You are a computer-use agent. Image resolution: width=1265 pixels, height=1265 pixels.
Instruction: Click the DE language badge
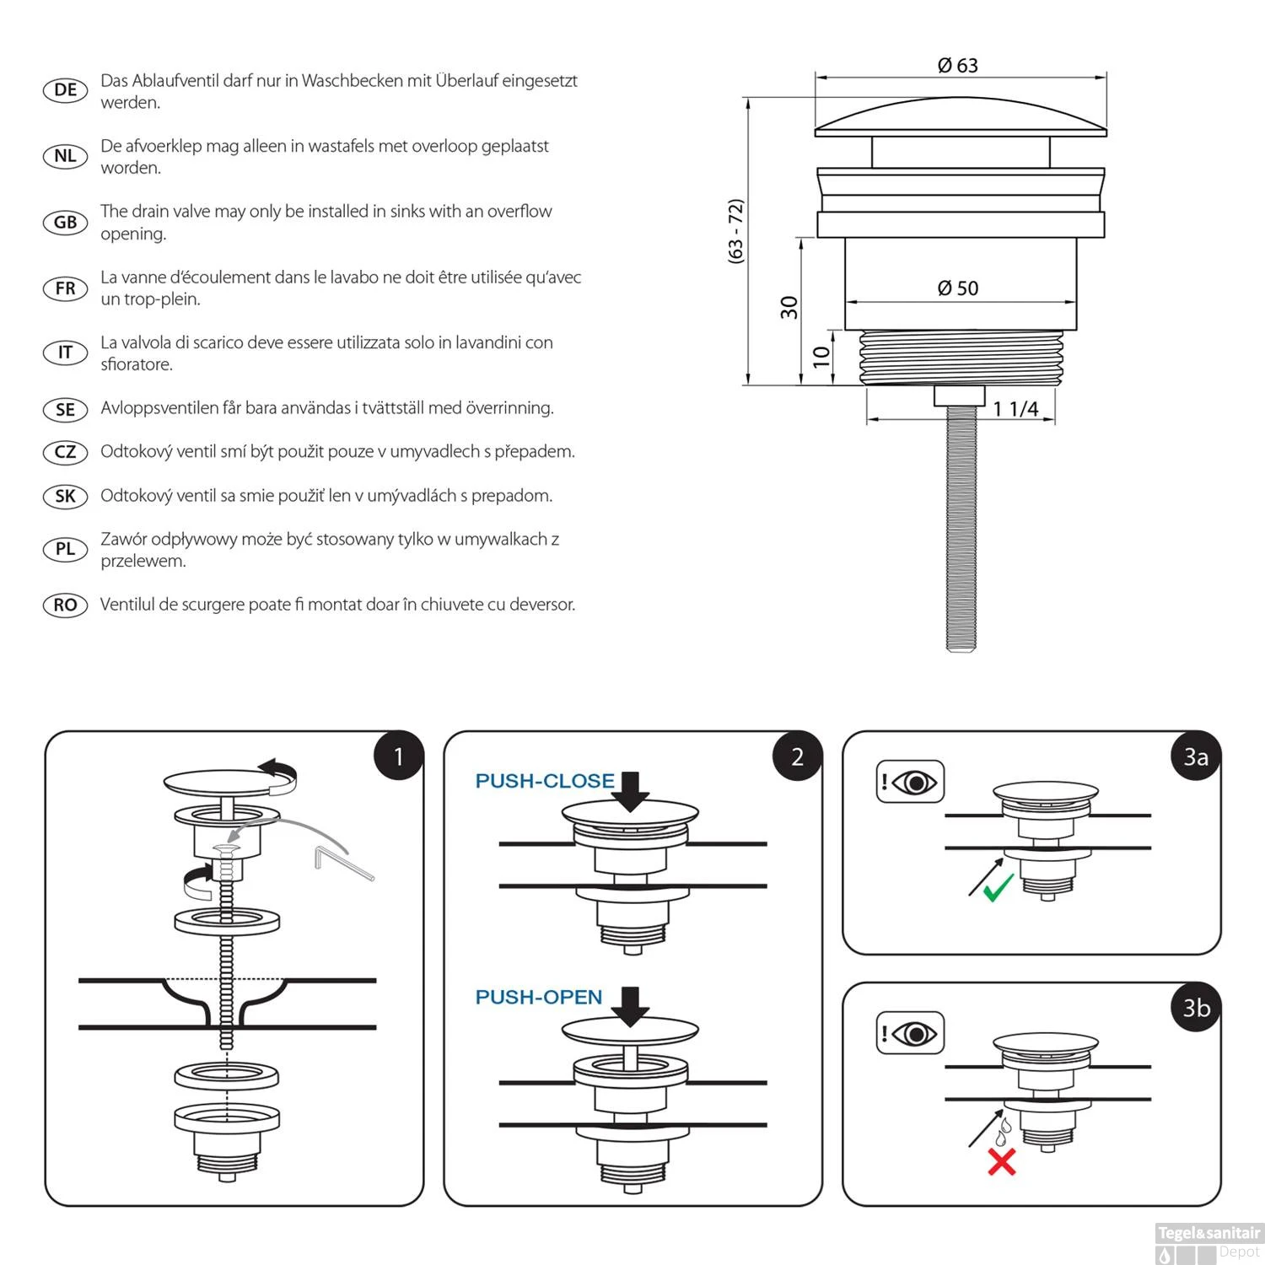point(65,90)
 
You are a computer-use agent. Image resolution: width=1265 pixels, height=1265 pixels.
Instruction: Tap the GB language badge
point(65,223)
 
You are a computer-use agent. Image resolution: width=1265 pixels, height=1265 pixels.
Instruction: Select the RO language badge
point(65,606)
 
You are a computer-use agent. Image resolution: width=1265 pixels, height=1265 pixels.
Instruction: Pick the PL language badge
point(65,549)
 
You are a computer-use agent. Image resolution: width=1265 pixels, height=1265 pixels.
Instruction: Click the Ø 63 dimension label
point(958,66)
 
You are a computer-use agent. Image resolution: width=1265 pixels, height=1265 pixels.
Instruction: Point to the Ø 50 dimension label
point(958,288)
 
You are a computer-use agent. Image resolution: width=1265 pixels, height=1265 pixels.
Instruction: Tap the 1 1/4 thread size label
point(1015,409)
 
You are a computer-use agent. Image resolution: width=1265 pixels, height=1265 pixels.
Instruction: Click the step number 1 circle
point(398,756)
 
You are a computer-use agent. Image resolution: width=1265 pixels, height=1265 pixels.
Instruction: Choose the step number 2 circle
point(797,756)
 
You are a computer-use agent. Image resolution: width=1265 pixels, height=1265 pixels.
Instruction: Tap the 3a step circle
point(1196,756)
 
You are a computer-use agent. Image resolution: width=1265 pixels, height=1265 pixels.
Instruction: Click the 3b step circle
point(1196,1008)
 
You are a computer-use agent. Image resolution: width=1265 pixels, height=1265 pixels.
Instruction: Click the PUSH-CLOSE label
point(545,781)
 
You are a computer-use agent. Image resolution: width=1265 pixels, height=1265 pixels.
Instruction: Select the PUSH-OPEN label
point(539,997)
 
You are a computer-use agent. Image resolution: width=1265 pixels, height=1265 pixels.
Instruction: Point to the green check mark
point(999,887)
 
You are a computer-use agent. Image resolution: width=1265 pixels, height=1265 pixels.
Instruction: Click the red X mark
point(1001,1162)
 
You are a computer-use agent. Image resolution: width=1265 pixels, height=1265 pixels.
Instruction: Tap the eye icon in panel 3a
point(914,783)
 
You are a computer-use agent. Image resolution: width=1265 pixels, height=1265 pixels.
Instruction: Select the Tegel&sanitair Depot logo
point(1208,1242)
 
